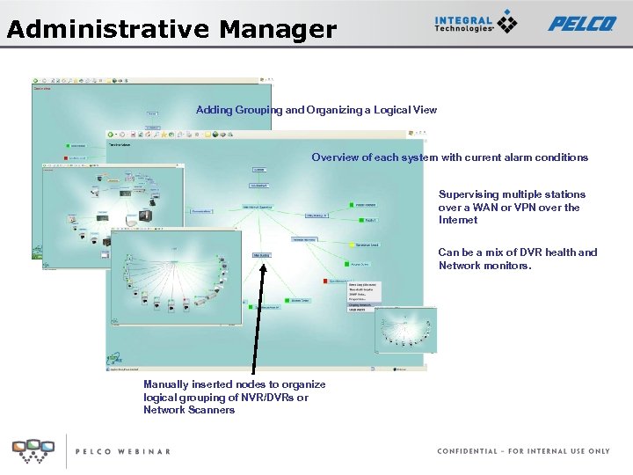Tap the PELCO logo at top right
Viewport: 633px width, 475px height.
(582, 24)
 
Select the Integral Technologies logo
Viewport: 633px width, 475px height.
(476, 24)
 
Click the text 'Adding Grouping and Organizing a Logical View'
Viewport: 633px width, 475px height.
(316, 110)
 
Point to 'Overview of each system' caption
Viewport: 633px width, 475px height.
(449, 157)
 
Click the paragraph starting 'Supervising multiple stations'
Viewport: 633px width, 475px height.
(511, 207)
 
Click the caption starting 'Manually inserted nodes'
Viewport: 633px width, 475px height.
(234, 397)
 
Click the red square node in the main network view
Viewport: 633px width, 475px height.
(324, 281)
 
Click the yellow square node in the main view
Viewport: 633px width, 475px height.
(351, 245)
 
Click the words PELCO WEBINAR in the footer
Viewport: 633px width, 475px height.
(122, 451)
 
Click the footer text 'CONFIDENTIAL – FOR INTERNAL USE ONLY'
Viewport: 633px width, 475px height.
(523, 451)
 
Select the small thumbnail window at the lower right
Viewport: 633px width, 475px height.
(405, 331)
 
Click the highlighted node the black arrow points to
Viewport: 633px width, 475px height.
(262, 255)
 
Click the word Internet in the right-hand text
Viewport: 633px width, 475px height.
(457, 220)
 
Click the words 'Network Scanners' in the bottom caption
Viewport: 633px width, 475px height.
(189, 410)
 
